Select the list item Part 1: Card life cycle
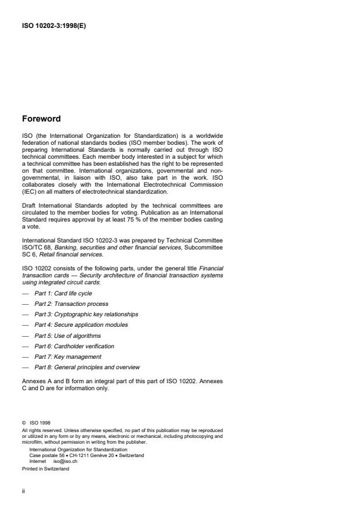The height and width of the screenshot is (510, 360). pos(63,293)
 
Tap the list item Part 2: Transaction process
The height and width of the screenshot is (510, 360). pos(71,304)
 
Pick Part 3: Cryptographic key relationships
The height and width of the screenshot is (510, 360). pos(86,314)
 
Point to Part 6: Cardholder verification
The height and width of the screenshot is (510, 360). pos(74,345)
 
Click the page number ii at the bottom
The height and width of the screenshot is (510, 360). pos(24,490)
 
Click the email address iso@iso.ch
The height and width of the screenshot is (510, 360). pos(65,459)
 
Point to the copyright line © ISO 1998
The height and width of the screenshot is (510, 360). pos(35,423)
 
